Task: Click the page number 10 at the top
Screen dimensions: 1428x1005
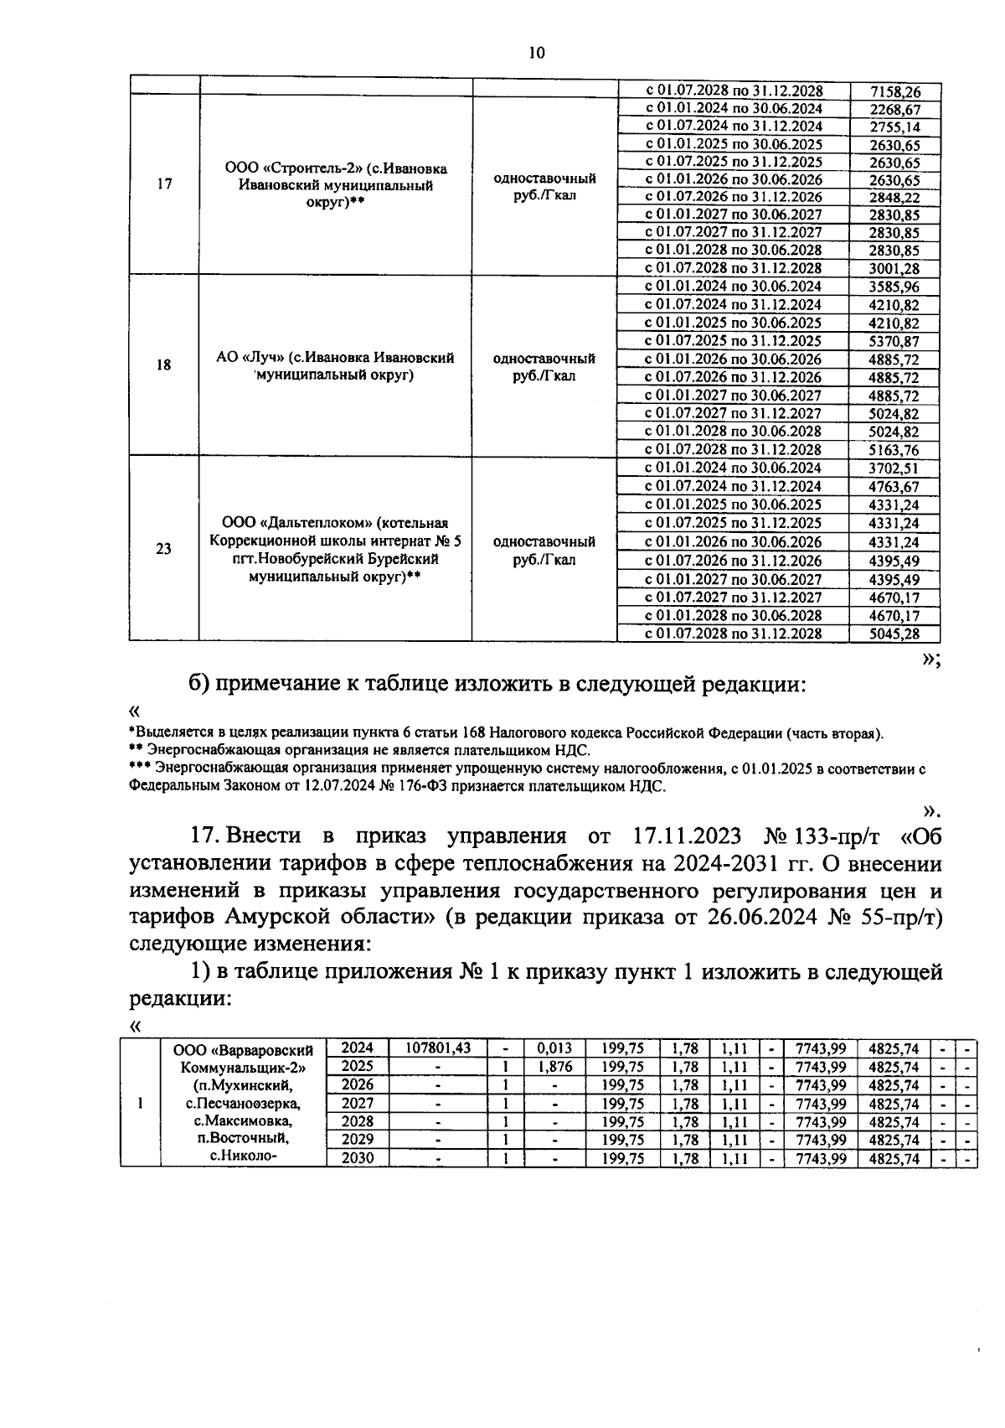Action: pos(537,53)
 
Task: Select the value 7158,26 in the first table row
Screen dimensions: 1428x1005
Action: pos(894,91)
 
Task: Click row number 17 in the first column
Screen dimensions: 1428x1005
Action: pos(164,184)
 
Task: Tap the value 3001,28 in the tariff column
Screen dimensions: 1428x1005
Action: pos(894,268)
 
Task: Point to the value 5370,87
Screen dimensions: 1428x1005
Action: pos(894,341)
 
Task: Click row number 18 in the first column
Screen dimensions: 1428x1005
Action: pos(164,365)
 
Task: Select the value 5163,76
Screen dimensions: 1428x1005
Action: pos(894,450)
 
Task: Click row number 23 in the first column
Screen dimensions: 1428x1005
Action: pos(164,549)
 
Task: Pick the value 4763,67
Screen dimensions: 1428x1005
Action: pos(894,487)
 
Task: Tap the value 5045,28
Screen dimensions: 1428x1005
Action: pos(894,634)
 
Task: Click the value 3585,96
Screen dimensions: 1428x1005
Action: pos(894,287)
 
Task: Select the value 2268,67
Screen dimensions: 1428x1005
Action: pos(894,109)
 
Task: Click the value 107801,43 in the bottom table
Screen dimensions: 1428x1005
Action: pos(438,1048)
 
